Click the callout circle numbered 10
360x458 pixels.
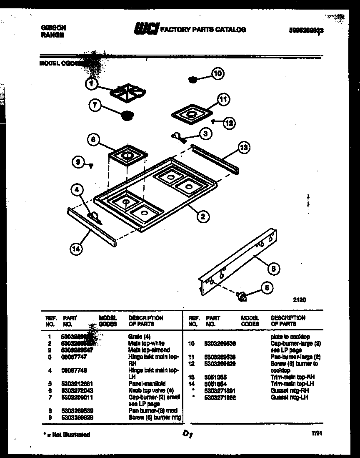(x=217, y=74)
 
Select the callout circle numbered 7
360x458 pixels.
(x=95, y=106)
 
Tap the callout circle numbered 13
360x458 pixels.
(x=244, y=146)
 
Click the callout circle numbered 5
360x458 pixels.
(x=273, y=269)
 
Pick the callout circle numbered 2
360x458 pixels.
(x=202, y=216)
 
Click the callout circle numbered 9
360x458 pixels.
(x=78, y=163)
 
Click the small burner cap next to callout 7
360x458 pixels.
(x=127, y=115)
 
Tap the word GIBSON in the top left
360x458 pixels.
(x=54, y=28)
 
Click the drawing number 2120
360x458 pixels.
(x=300, y=299)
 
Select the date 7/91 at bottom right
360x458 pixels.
(x=317, y=433)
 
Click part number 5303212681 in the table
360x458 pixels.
(x=75, y=384)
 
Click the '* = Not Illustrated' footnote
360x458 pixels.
(x=66, y=434)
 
